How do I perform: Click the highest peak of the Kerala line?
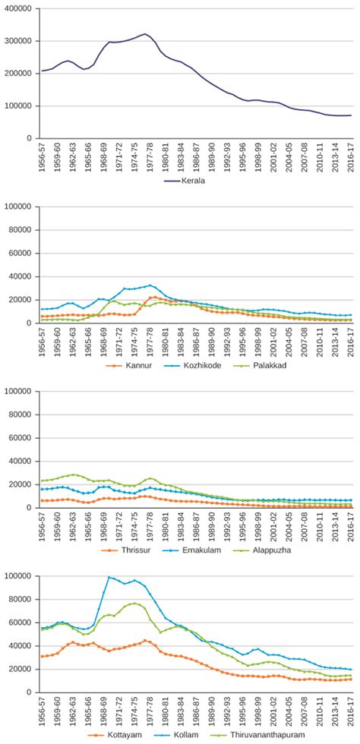click(145, 33)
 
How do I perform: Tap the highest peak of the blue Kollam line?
click(109, 577)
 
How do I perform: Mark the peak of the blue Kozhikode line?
click(150, 285)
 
